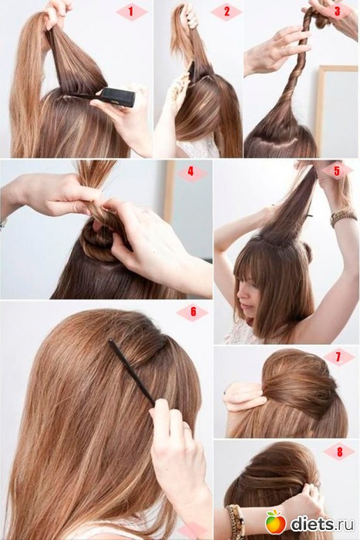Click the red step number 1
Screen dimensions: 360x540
[130, 12]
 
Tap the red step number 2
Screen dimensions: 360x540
[227, 12]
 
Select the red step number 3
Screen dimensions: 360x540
[337, 11]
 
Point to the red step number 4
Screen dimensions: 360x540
[191, 171]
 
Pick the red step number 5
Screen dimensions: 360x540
[337, 170]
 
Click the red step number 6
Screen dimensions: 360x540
[193, 312]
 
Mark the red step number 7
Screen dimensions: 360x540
[338, 356]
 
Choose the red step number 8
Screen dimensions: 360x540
[340, 451]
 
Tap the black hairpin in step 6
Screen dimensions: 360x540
[131, 372]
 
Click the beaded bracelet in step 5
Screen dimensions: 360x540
[343, 217]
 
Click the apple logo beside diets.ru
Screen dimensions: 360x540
[275, 522]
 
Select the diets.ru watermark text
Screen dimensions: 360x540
[322, 524]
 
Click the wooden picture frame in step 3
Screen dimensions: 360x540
[319, 106]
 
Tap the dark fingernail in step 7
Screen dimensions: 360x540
[225, 392]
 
